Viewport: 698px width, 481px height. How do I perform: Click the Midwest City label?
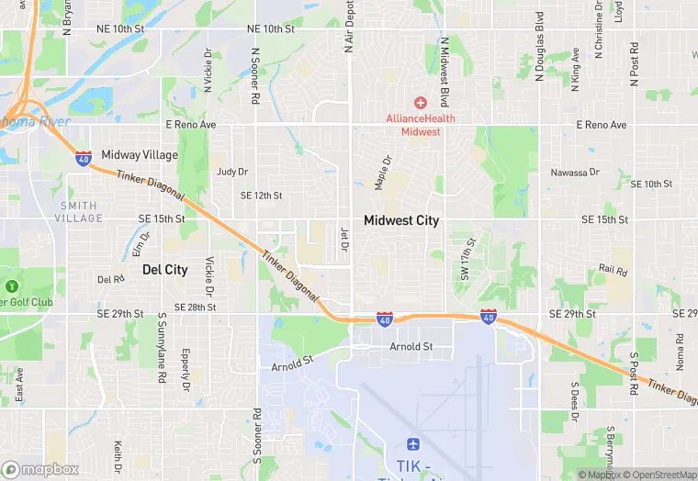[x=401, y=220]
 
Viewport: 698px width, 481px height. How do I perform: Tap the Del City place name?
[x=165, y=270]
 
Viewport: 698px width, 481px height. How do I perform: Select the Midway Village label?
[x=140, y=155]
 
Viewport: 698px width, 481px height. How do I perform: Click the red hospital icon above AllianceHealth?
[x=421, y=103]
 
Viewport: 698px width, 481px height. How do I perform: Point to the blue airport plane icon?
[x=413, y=444]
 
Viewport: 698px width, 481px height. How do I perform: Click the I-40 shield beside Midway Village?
[x=84, y=158]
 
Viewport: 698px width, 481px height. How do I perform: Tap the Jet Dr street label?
[x=345, y=239]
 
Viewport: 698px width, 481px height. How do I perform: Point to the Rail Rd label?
[x=613, y=271]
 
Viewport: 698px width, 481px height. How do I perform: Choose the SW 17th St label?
[x=466, y=260]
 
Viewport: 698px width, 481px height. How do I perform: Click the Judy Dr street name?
[x=232, y=172]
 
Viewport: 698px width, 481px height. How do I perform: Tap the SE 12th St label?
[x=261, y=196]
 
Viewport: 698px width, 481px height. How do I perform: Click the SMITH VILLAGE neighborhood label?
[x=79, y=211]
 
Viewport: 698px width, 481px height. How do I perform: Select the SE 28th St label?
[x=194, y=307]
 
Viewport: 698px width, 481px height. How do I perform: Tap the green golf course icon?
[x=12, y=285]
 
